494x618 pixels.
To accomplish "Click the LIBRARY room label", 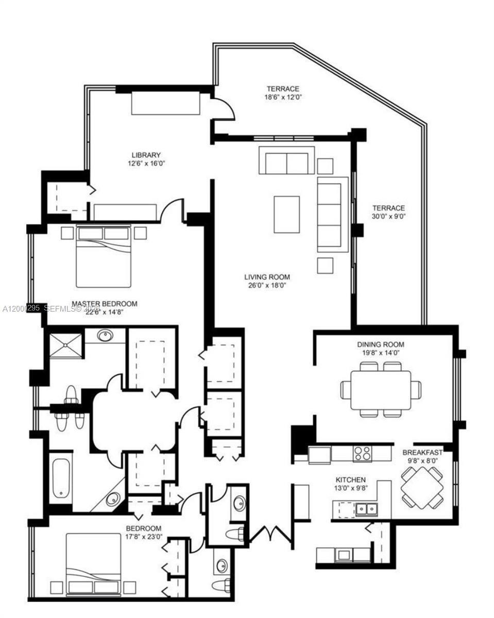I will [x=146, y=155].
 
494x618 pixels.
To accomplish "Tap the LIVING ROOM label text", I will [x=267, y=277].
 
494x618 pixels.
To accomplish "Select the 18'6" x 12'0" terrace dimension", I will [x=283, y=97].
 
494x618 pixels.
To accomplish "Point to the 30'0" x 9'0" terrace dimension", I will [x=388, y=216].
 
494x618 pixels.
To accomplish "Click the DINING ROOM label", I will [x=381, y=345].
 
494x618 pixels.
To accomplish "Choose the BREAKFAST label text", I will [x=422, y=453].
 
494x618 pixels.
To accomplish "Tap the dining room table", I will [x=381, y=390].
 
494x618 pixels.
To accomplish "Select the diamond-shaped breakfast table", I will [x=422, y=487].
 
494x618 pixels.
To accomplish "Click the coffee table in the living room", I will [x=286, y=214].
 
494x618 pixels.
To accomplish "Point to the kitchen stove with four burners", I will [x=362, y=453].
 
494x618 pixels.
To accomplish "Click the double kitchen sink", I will [x=367, y=509].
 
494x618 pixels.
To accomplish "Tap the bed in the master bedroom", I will [x=104, y=256].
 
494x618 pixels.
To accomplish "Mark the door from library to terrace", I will [x=225, y=109].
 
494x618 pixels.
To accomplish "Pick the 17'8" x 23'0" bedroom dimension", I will [x=143, y=536].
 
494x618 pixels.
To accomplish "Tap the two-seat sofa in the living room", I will [x=286, y=161].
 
